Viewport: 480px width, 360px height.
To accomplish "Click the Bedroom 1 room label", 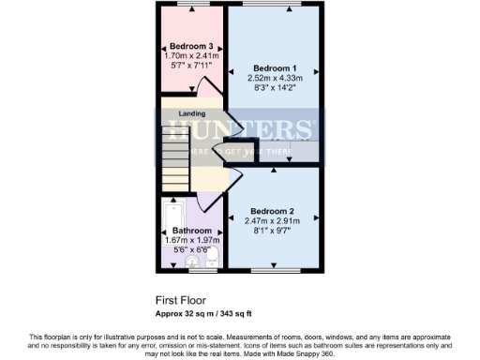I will (x=275, y=67).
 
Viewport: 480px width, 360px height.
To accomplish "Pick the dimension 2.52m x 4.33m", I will (x=275, y=79).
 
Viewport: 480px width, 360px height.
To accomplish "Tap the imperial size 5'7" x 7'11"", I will (x=190, y=67).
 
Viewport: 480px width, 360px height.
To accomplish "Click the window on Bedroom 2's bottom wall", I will (x=277, y=272).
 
